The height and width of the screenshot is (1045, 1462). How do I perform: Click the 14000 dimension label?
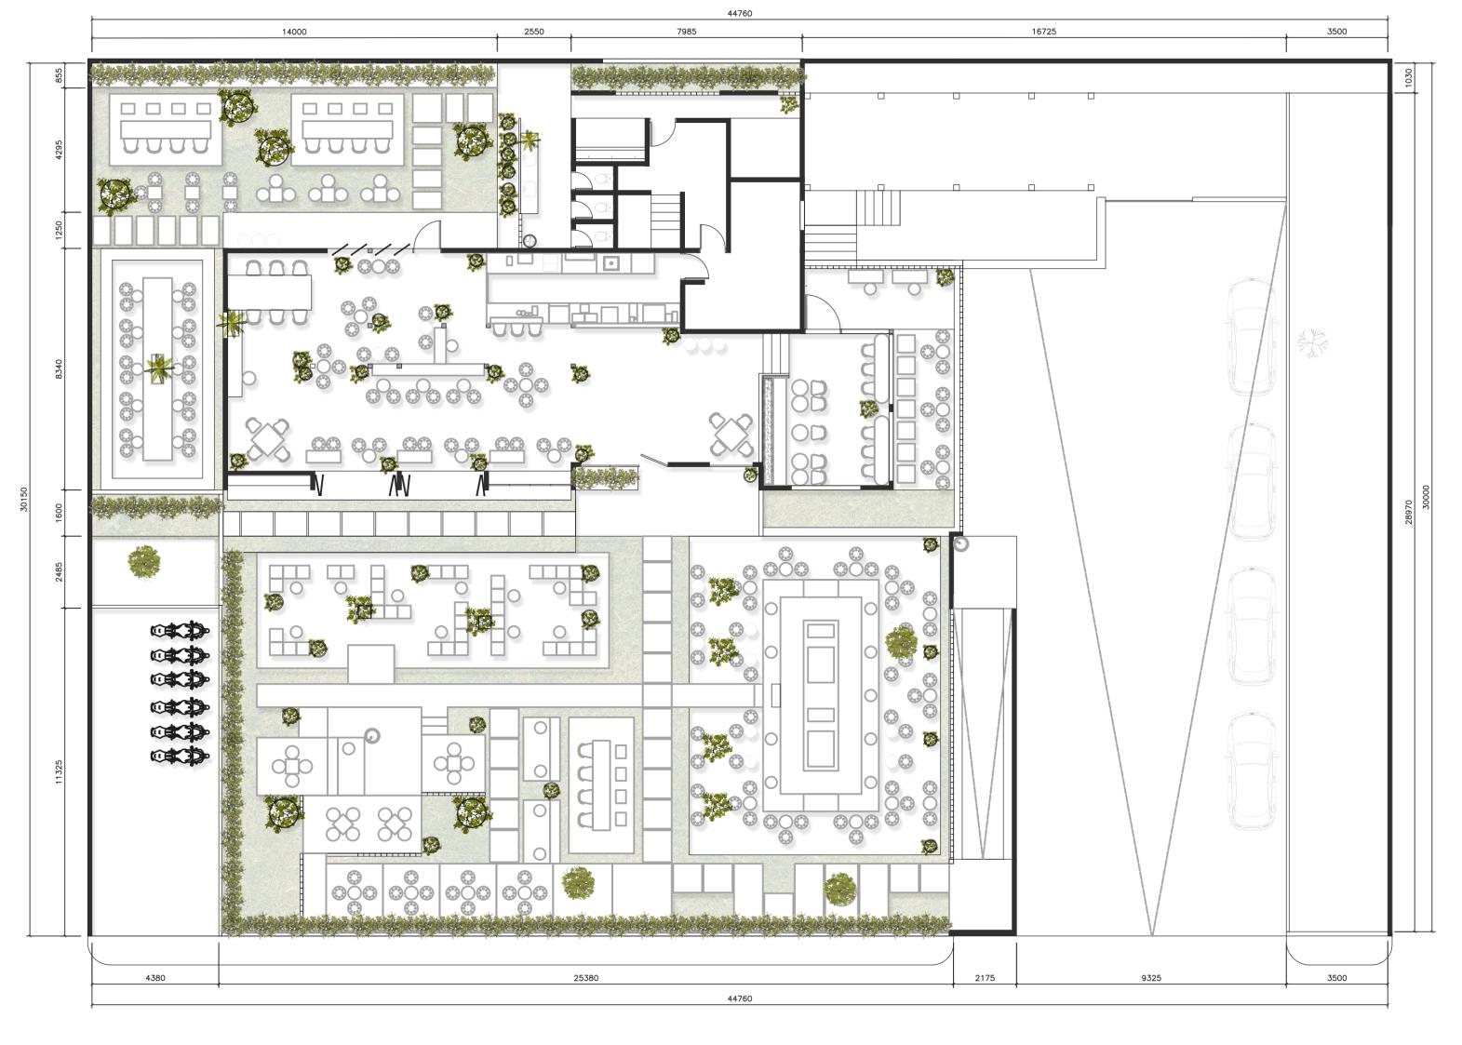coord(294,32)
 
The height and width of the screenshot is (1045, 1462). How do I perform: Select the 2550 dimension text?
coord(534,32)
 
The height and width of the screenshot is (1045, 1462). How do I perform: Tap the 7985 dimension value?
coord(687,32)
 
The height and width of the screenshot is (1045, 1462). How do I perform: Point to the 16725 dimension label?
coord(1044,32)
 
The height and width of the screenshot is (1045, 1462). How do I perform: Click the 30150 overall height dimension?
coord(24,500)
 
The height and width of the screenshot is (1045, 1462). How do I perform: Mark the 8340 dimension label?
coord(59,368)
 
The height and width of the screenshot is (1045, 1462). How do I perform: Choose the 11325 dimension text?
coord(59,771)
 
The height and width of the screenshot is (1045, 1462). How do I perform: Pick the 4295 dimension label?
coord(59,150)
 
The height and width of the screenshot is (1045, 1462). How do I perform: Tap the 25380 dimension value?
coord(586,978)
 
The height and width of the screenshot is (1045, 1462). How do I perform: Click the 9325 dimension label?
coord(1151,978)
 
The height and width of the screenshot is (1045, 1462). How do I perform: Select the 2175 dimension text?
coord(985,978)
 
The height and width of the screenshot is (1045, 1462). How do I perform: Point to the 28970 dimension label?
coord(1408,512)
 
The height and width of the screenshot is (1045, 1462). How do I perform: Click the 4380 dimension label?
coord(155,978)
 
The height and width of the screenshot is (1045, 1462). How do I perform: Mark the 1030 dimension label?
coord(1408,77)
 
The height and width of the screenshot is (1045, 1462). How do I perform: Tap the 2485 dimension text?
coord(59,572)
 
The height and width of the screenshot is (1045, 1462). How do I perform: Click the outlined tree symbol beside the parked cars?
coord(1312,342)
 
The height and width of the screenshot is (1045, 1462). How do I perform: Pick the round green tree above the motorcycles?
coord(143,562)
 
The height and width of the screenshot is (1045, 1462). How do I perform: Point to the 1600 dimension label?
coord(59,513)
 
